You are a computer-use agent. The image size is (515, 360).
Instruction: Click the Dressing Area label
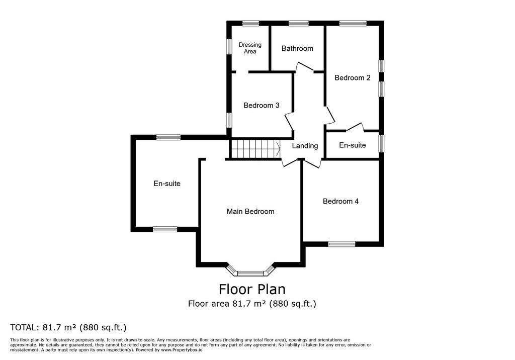(x=250, y=48)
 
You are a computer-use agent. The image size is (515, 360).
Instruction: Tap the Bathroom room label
(x=297, y=48)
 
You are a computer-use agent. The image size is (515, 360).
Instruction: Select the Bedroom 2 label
(x=353, y=77)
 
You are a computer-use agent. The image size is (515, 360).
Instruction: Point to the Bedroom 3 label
(x=262, y=105)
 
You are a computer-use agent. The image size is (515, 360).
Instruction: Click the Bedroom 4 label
(x=340, y=201)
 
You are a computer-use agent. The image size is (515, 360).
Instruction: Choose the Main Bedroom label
(x=250, y=211)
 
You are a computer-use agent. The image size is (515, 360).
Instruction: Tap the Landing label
(x=305, y=145)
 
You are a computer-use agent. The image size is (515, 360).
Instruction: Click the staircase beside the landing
(x=255, y=149)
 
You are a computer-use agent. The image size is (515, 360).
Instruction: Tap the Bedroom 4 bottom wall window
(x=341, y=244)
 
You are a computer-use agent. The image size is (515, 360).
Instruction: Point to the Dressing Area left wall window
(x=229, y=46)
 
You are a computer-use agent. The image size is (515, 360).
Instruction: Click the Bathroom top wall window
(x=299, y=23)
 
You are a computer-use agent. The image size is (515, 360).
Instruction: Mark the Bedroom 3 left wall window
(x=229, y=120)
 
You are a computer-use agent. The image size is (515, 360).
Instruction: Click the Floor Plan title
(x=252, y=289)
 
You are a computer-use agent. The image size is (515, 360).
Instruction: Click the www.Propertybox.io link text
(x=182, y=350)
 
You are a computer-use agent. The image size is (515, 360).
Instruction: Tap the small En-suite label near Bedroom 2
(x=353, y=145)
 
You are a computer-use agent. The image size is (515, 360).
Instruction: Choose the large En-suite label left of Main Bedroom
(x=167, y=184)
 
